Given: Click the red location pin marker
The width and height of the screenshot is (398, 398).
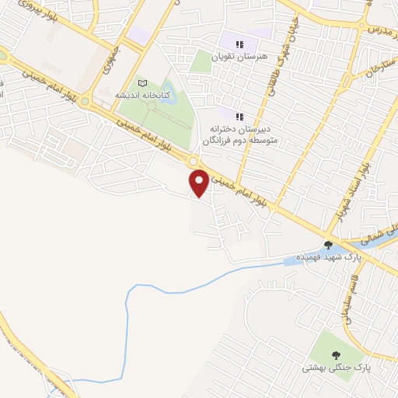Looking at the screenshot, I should point(200,183).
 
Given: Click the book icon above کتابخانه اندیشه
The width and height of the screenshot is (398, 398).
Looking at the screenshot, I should point(141,83).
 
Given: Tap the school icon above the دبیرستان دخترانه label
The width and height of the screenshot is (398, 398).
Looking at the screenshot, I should point(239,117).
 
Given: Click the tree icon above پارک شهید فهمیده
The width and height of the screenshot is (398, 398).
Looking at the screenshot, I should point(328,245).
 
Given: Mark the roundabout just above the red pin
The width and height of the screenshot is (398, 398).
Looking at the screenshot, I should point(192,161).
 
